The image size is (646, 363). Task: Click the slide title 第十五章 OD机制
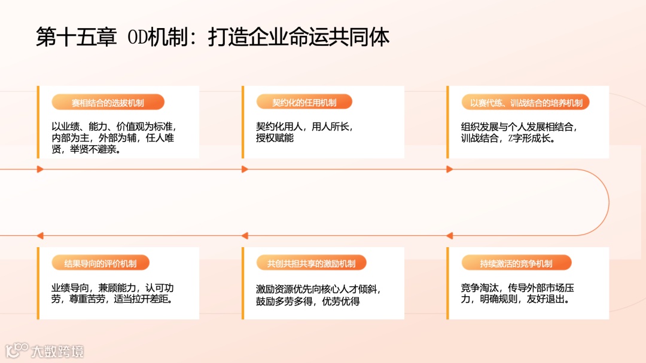click(212, 37)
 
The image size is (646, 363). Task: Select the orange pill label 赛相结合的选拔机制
click(108, 103)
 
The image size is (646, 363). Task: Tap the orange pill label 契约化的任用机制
click(304, 103)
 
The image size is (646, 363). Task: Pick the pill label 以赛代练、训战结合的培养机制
click(526, 103)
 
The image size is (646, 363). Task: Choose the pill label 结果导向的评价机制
click(100, 263)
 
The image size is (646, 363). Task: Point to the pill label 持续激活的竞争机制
click(516, 263)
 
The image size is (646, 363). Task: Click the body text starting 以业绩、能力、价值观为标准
click(113, 138)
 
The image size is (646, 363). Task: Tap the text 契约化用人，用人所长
click(304, 132)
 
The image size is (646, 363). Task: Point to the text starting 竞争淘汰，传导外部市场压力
click(518, 293)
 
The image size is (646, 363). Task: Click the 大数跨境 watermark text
click(57, 351)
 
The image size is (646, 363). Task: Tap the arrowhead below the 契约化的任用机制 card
click(245, 170)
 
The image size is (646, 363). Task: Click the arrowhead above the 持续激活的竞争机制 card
click(449, 236)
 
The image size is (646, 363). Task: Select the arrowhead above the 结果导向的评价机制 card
click(40, 236)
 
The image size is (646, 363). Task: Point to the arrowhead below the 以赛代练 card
click(449, 170)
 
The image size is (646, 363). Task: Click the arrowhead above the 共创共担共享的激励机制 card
click(245, 236)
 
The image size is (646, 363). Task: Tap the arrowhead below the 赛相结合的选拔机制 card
click(40, 170)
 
